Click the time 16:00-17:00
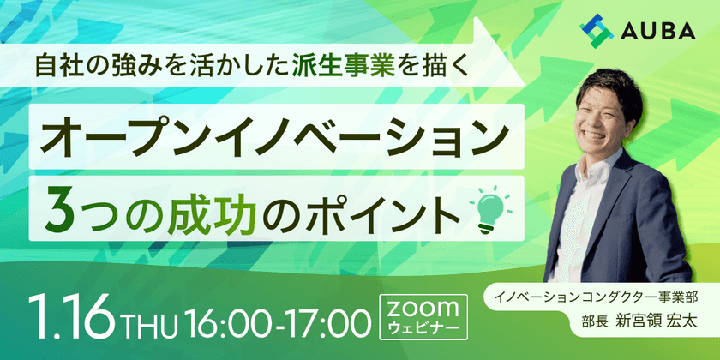click(278, 324)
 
